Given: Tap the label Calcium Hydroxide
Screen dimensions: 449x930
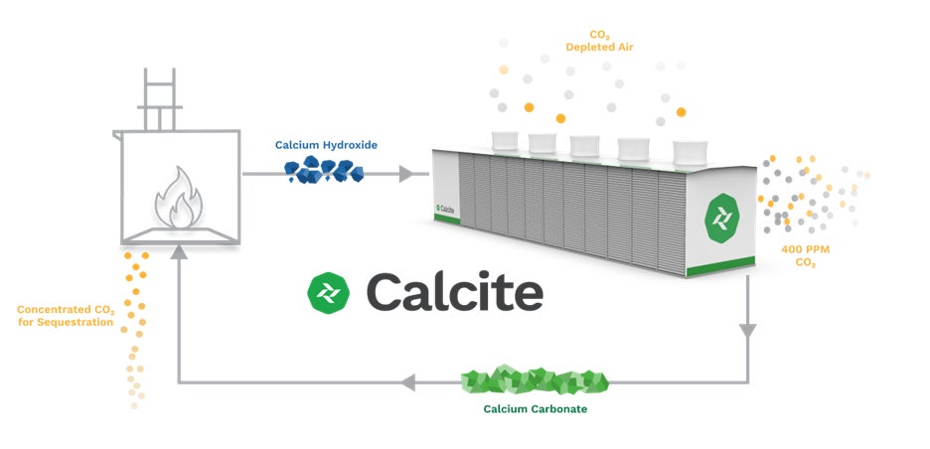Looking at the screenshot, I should (326, 145).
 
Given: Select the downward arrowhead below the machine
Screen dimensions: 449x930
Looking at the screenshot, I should (748, 330).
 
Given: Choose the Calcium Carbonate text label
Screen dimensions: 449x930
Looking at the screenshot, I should (537, 408).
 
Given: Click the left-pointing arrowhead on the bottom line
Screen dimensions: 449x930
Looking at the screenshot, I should (407, 381).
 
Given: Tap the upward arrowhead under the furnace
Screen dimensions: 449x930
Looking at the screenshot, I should (179, 254).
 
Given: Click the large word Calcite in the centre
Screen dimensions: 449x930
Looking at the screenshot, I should (454, 291).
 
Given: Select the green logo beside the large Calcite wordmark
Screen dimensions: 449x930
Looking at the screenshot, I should (330, 291).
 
